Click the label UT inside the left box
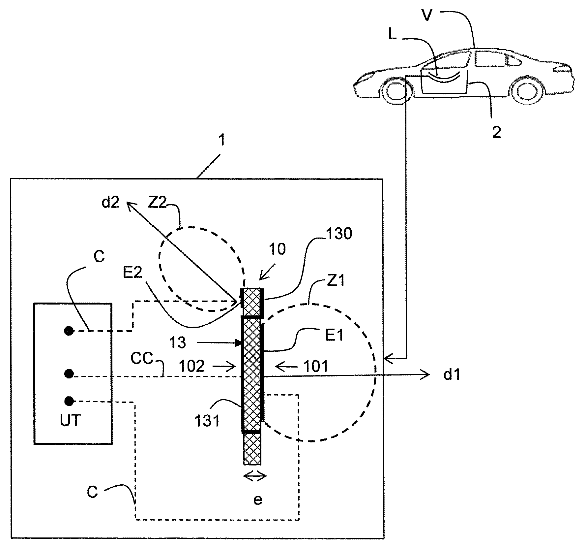click(70, 421)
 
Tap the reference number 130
click(339, 234)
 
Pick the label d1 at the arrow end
click(451, 375)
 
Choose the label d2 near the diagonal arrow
click(110, 202)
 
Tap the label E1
click(335, 336)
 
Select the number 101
click(316, 366)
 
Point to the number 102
click(192, 366)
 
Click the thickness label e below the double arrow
click(258, 500)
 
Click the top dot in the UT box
click(69, 331)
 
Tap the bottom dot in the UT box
click(69, 401)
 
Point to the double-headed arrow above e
click(254, 476)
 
